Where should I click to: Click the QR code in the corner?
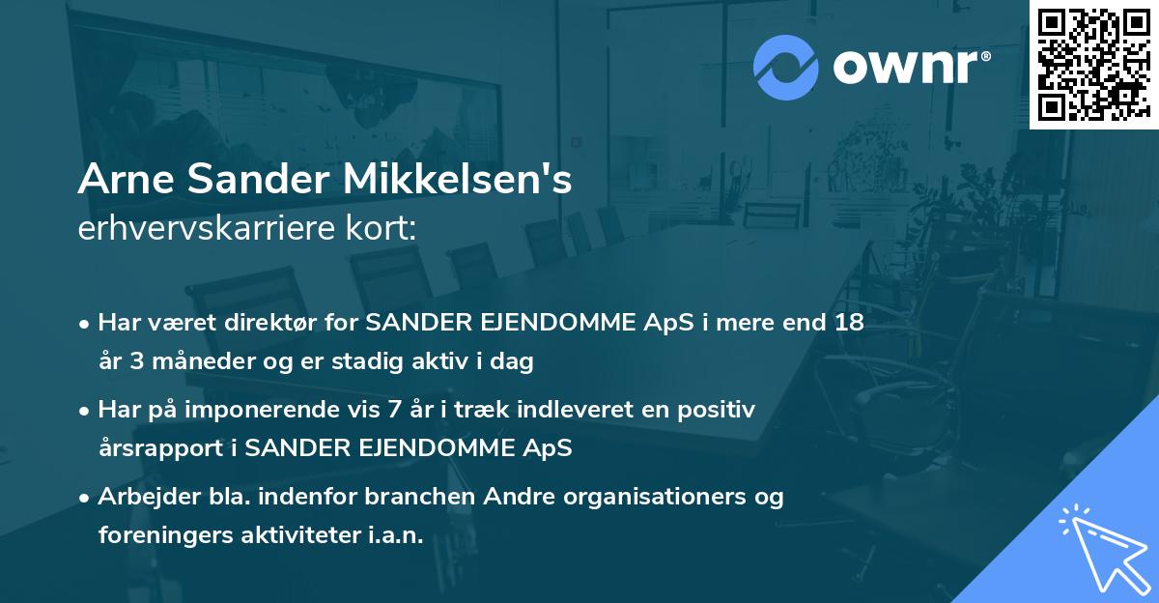pyautogui.click(x=1093, y=64)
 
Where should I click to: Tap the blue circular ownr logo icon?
pyautogui.click(x=785, y=68)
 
